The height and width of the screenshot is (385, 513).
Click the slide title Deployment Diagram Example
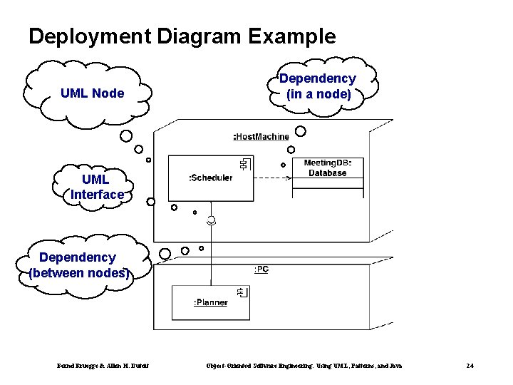(182, 36)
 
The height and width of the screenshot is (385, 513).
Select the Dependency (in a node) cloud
(317, 86)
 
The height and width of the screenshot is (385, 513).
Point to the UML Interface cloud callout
(96, 187)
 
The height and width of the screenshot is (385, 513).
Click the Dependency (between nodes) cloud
(78, 265)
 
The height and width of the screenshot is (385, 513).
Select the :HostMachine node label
(261, 136)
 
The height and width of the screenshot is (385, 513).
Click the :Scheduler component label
(210, 178)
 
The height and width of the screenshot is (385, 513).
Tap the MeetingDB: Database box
(328, 169)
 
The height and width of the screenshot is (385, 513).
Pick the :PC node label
(261, 269)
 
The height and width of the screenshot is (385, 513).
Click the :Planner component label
(210, 302)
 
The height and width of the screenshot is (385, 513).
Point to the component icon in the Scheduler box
(244, 165)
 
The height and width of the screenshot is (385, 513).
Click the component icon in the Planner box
(242, 292)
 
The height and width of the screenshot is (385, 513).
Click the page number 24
(470, 366)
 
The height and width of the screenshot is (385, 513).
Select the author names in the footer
(103, 366)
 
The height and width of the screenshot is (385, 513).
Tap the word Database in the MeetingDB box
(328, 173)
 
